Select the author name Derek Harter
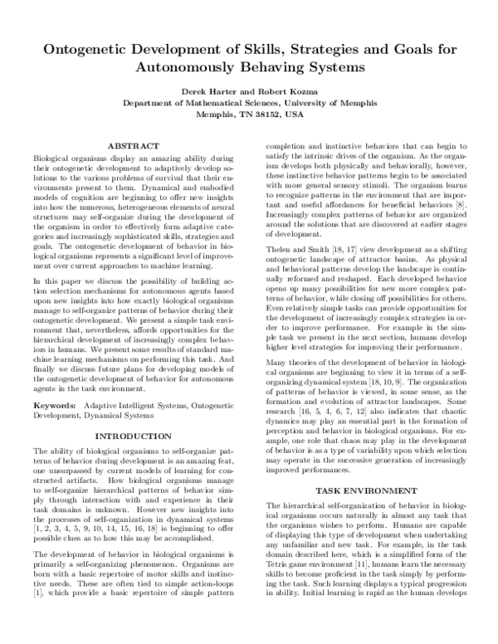(207, 90)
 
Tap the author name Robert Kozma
(291, 90)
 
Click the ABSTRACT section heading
(134, 146)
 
